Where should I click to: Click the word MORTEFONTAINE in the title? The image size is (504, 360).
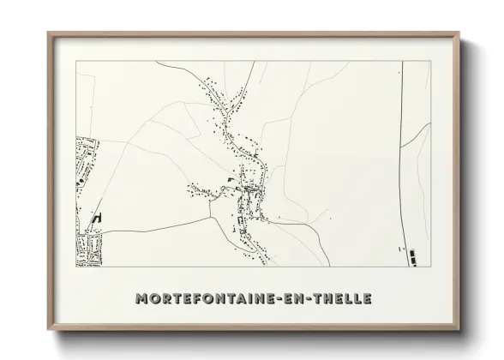207,299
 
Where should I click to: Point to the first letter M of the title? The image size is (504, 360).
141,299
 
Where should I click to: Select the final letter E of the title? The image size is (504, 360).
368,299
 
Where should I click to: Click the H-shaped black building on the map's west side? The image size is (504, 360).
97,219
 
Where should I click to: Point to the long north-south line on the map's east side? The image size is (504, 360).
402,171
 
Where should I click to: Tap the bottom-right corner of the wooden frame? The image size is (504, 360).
459,329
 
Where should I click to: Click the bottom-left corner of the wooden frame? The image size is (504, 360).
49,329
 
